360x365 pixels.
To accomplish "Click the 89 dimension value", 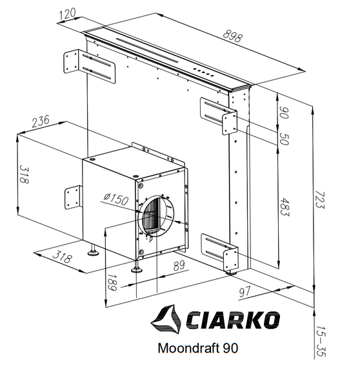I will point(179,264).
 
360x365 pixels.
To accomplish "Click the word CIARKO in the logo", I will point(233,320).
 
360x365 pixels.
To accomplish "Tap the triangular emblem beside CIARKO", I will point(167,318).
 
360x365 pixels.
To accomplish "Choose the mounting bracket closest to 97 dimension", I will point(223,252).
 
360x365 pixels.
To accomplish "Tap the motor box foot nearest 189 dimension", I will point(136,266).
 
